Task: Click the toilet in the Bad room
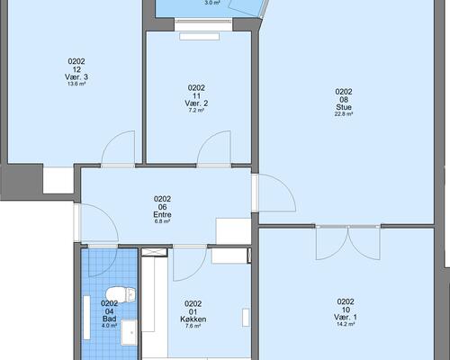121,294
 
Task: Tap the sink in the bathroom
129,332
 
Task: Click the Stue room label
344,107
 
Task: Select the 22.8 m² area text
344,114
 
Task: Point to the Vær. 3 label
76,77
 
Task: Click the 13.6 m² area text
76,84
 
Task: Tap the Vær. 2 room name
196,103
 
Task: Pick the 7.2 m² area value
196,111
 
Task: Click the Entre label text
162,214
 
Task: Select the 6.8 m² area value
162,221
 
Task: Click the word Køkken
193,319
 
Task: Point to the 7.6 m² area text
193,326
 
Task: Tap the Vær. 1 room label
346,317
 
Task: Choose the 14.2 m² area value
346,324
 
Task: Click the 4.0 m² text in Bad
109,326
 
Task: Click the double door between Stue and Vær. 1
348,242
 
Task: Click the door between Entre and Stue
277,192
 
